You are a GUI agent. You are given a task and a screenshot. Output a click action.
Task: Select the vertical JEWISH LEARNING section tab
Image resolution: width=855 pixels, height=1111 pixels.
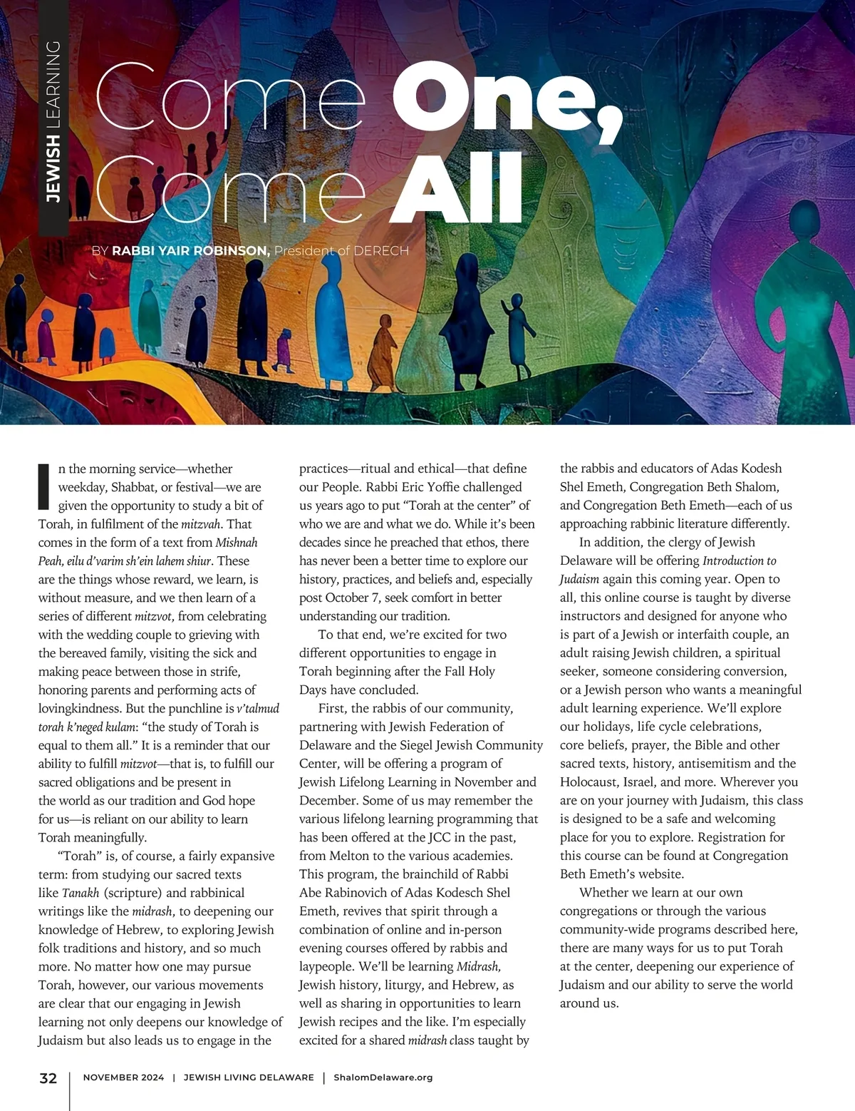tap(53, 121)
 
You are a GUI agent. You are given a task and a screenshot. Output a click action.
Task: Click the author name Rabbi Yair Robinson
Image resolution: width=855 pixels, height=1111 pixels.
tap(190, 250)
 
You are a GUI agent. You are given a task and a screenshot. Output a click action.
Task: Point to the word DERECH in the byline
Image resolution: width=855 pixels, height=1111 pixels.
tap(381, 250)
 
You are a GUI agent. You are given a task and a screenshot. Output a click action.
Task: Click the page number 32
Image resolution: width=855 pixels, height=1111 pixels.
tap(48, 1078)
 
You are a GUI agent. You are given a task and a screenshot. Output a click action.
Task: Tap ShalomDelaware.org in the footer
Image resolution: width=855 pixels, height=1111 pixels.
tap(383, 1077)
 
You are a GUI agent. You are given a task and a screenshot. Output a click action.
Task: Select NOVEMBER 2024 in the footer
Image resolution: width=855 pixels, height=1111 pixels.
tap(123, 1077)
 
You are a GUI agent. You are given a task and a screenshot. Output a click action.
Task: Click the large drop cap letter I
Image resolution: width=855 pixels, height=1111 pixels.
tap(44, 486)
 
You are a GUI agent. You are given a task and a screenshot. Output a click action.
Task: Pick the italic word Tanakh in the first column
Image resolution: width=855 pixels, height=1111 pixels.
tap(81, 893)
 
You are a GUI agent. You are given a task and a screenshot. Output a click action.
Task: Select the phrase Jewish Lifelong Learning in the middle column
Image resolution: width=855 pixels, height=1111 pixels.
tap(369, 782)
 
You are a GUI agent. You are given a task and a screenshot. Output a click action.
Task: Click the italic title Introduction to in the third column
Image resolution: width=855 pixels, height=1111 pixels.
tap(739, 560)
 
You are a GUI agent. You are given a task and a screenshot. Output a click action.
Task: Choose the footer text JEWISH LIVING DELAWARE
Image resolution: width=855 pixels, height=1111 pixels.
tap(249, 1077)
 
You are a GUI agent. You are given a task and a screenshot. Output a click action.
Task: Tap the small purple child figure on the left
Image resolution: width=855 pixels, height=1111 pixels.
tap(284, 349)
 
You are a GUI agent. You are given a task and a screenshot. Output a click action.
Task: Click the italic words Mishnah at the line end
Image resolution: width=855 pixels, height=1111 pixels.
tap(237, 543)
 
